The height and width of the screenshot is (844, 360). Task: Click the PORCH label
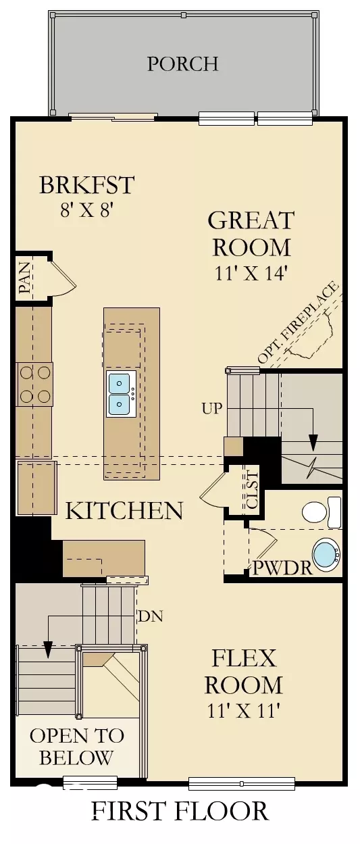[x=182, y=64]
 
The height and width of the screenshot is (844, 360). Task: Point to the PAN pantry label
[x=25, y=279]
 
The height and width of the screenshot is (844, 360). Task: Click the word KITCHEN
[x=124, y=510]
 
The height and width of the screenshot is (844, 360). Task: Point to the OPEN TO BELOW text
[x=76, y=747]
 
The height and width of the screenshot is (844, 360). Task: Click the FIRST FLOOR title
[x=180, y=810]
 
